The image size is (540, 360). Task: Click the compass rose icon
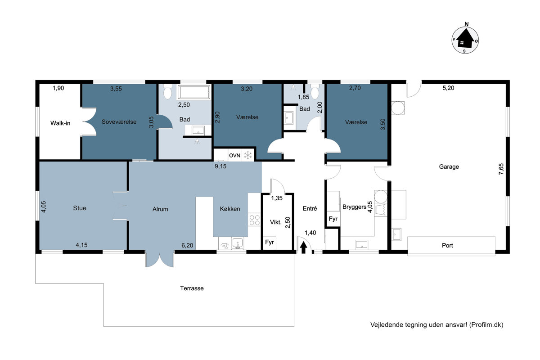click(x=465, y=40)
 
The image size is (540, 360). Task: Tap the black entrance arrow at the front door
click(x=303, y=247)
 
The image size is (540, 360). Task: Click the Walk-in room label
click(x=60, y=123)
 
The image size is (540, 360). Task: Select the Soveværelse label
click(x=119, y=122)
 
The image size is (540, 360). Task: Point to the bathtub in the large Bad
click(x=194, y=92)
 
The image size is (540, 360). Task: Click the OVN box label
click(x=234, y=156)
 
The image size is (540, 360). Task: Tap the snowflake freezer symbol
click(x=248, y=156)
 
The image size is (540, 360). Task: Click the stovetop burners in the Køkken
click(x=255, y=220)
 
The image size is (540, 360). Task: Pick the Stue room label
click(x=80, y=208)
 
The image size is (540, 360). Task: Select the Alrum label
click(x=160, y=209)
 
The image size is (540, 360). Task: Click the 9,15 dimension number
click(x=220, y=166)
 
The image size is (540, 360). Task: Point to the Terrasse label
click(x=192, y=288)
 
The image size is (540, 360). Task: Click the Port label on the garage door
click(x=447, y=245)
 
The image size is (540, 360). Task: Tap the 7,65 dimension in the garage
click(x=501, y=169)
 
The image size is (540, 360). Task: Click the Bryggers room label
click(x=355, y=207)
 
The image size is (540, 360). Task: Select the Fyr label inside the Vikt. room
click(x=270, y=242)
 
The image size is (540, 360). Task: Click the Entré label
click(x=310, y=208)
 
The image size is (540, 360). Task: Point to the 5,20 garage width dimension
click(x=448, y=88)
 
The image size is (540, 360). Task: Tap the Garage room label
click(x=449, y=166)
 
